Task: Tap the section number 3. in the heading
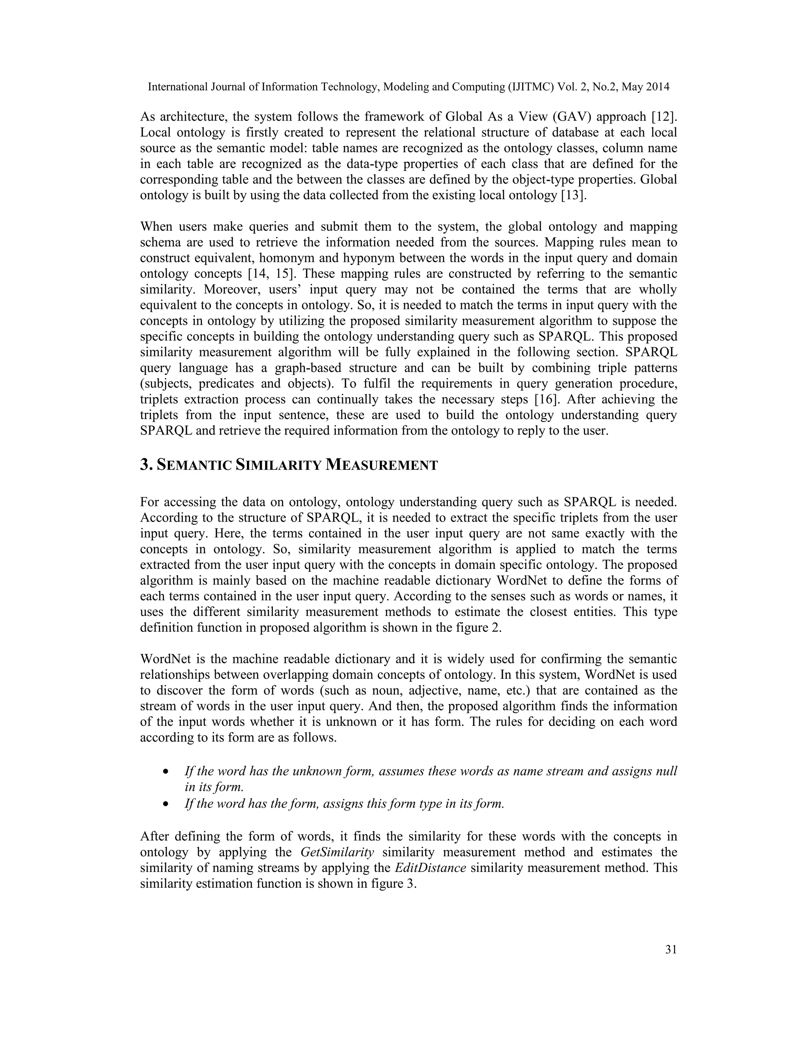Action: (x=146, y=465)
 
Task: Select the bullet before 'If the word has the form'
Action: (x=166, y=804)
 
